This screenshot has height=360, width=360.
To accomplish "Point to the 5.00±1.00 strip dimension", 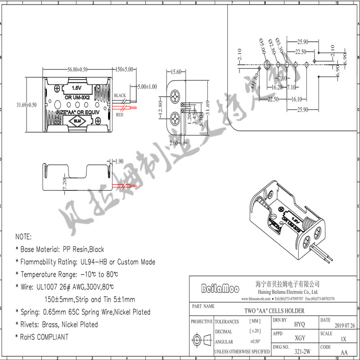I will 147,86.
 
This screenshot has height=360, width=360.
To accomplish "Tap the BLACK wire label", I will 120,96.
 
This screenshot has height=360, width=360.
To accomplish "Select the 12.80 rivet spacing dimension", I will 161,108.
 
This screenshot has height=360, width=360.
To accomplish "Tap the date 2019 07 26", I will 345,325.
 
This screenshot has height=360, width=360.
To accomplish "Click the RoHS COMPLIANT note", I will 44,337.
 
